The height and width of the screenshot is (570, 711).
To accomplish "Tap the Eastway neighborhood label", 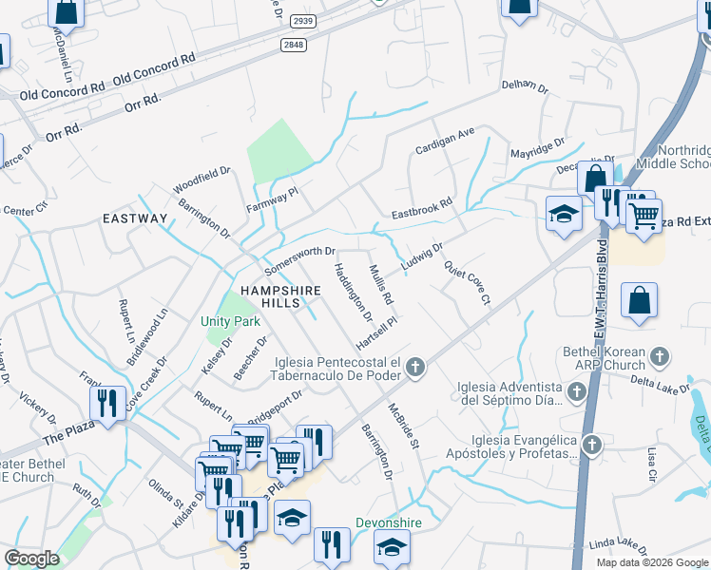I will pos(135,218).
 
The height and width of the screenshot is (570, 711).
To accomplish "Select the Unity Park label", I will pos(230,321).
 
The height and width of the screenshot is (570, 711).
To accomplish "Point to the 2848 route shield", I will pos(294,45).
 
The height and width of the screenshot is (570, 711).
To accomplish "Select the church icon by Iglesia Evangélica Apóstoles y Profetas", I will pos(592,445).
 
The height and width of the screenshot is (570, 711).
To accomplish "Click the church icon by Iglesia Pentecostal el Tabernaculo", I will pos(414,367).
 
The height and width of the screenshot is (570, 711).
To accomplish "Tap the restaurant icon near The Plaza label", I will pos(106,402).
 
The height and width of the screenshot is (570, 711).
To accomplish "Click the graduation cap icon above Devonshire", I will pos(391,547).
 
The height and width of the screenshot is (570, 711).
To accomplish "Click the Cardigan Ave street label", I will pos(444,142).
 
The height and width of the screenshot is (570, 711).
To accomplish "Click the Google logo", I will pos(31,559).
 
